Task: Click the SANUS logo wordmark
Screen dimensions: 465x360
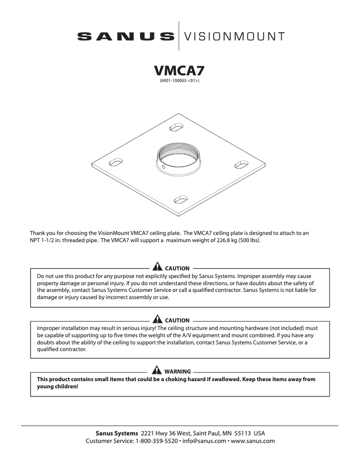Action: click(125, 36)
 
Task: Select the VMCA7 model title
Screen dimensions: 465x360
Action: click(180, 71)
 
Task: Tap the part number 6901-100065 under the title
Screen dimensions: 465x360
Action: click(176, 82)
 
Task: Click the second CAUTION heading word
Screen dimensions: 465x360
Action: click(177, 321)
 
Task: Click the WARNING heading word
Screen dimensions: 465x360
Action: click(177, 372)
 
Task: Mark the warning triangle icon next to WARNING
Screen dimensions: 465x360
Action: click(158, 371)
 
